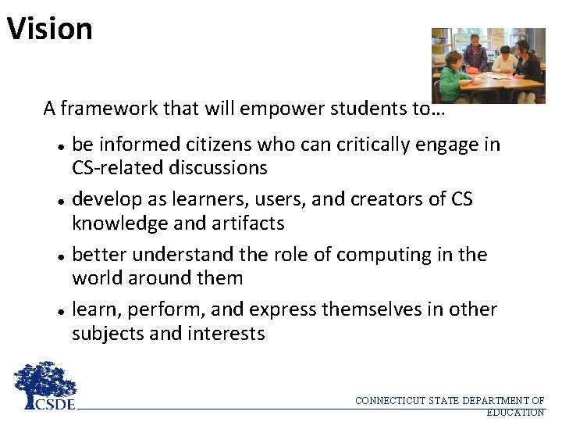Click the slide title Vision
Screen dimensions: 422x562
point(50,29)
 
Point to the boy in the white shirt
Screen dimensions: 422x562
point(505,63)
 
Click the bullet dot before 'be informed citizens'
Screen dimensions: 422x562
point(60,146)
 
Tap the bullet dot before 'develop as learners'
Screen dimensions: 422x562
point(60,201)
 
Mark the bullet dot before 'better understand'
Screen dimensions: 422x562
point(60,256)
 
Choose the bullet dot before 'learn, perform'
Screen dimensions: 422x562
point(60,310)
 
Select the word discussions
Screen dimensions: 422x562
point(215,168)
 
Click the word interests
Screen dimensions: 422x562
point(227,334)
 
